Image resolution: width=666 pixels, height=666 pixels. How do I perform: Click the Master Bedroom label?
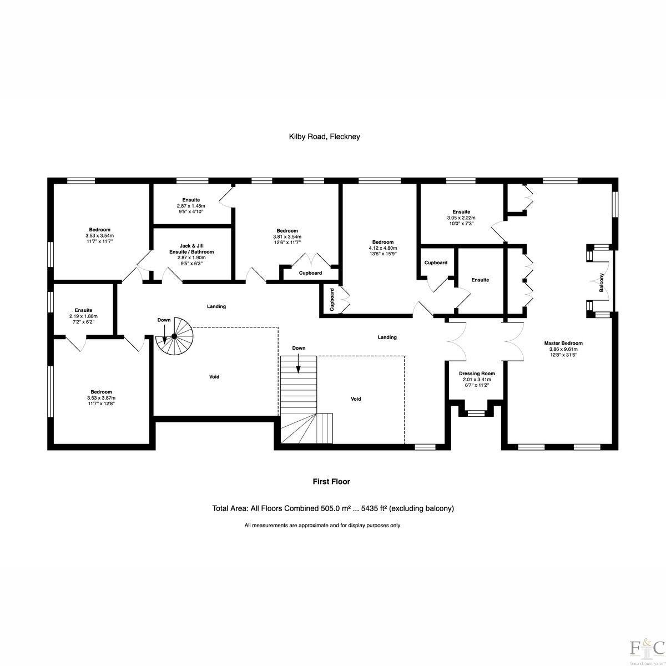click(x=563, y=343)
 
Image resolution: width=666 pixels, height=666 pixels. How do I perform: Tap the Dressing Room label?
click(x=477, y=374)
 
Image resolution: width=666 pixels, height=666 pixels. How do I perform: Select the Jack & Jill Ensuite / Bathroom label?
click(x=191, y=249)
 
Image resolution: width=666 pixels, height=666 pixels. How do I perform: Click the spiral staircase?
click(x=175, y=336)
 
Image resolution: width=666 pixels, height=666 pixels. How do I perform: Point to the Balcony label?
click(x=602, y=282)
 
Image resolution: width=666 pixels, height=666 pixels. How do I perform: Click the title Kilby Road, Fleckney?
click(x=325, y=137)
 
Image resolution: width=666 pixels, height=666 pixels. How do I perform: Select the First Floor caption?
click(x=331, y=481)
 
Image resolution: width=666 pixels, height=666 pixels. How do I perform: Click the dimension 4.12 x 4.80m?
click(x=383, y=248)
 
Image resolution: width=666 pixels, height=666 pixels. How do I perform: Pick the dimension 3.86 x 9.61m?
click(x=563, y=349)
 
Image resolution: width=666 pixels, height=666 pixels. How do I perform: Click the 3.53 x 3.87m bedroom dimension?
click(x=101, y=398)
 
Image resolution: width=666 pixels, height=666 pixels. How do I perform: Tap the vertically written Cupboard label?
click(x=332, y=300)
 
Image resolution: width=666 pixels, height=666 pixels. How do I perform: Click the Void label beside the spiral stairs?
click(x=214, y=377)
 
